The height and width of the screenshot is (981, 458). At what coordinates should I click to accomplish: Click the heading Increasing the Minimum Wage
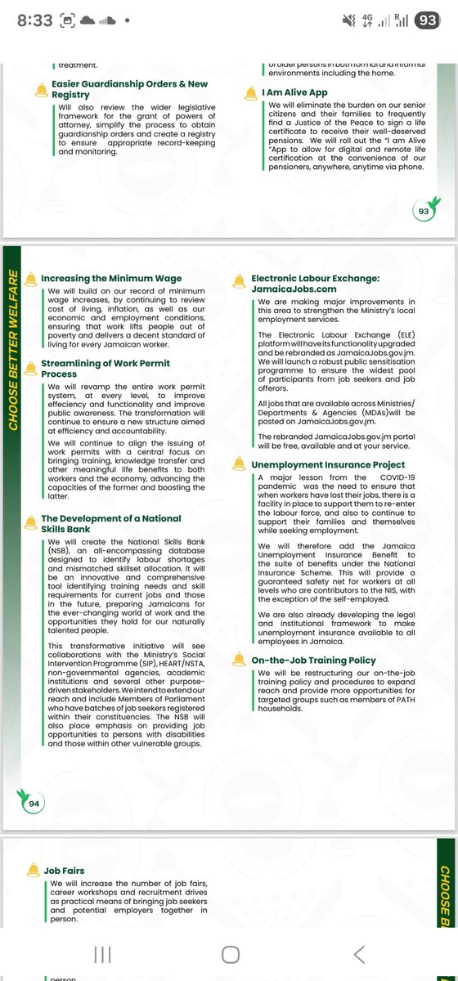click(112, 279)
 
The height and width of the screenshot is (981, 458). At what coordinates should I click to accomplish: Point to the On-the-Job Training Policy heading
click(313, 660)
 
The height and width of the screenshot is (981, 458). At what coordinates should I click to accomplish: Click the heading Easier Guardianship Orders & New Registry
click(118, 89)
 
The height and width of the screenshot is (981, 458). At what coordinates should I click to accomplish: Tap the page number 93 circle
click(423, 211)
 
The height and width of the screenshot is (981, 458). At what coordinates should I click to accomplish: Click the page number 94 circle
click(34, 804)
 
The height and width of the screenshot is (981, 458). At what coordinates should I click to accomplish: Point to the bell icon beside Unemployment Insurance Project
click(240, 464)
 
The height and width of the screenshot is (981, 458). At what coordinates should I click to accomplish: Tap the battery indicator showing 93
click(427, 22)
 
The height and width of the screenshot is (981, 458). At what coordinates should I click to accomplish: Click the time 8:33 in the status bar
click(34, 22)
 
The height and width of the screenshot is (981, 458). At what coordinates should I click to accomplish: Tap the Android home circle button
click(231, 954)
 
